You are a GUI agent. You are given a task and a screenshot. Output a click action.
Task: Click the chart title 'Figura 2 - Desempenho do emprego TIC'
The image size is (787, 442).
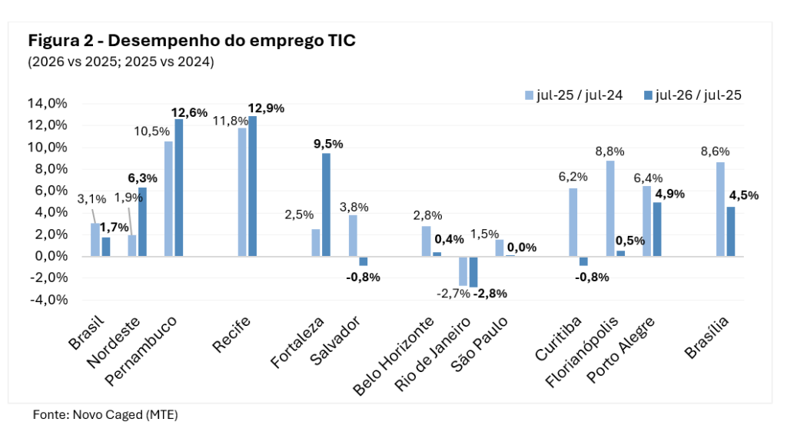click(191, 40)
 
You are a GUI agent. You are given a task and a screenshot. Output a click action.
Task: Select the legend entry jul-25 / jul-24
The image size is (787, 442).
click(573, 95)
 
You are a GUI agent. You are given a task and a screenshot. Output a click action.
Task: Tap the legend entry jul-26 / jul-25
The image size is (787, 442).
click(692, 95)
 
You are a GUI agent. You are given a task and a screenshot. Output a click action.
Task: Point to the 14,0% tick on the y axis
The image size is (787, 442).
click(47, 104)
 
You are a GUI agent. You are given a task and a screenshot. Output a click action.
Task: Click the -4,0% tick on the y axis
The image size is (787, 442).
click(48, 300)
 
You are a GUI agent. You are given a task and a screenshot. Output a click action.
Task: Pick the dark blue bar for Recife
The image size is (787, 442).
click(252, 186)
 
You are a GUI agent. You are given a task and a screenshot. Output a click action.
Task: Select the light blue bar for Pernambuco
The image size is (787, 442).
click(168, 199)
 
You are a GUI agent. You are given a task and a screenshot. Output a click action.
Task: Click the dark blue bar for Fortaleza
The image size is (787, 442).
click(326, 205)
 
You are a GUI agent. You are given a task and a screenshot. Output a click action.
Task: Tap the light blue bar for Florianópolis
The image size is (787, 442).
click(610, 208)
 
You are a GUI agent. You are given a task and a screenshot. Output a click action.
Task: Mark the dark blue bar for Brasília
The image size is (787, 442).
click(731, 231)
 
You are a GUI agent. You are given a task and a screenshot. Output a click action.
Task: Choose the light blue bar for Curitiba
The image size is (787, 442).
click(573, 222)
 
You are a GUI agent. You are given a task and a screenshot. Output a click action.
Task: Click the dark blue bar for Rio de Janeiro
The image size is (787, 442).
click(473, 271)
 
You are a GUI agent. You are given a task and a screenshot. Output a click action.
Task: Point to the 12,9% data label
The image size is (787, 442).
click(266, 108)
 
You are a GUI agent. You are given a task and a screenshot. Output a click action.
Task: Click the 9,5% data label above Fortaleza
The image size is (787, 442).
click(328, 145)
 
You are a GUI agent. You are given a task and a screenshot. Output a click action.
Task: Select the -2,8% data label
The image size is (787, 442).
click(490, 294)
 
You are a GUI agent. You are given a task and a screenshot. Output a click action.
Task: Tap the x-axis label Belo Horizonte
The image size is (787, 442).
click(393, 356)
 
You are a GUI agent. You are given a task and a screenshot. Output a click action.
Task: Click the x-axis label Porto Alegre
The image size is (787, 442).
click(621, 350)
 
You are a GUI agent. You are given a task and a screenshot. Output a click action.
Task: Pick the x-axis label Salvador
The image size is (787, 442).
click(335, 341)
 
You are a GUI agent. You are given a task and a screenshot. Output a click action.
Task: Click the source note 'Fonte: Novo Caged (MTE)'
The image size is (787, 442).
click(105, 415)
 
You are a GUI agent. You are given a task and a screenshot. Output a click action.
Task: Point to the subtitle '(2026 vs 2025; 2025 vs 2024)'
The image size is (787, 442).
click(121, 61)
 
